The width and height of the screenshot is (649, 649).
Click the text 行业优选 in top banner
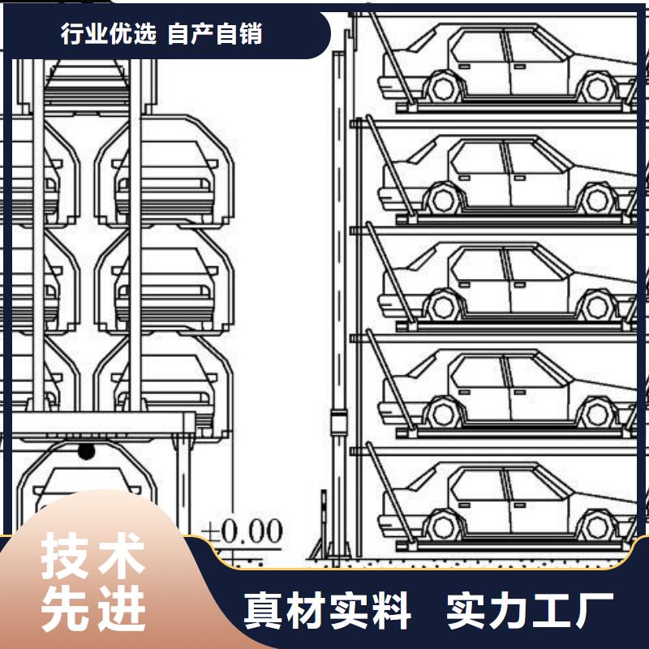[x=109, y=33]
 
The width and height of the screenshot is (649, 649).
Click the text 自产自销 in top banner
[x=215, y=33]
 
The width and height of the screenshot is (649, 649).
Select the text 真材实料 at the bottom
[x=328, y=611]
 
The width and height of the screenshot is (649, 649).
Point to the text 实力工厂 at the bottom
[x=530, y=611]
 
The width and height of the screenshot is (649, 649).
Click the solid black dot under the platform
[x=86, y=451]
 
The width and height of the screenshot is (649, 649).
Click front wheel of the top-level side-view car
[x=443, y=87]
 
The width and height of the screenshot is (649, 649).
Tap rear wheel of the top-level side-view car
[x=597, y=88]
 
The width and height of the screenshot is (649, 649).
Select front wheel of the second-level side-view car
[x=443, y=199]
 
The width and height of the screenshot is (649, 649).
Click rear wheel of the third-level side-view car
[x=597, y=307]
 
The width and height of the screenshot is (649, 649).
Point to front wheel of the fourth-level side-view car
[x=443, y=414]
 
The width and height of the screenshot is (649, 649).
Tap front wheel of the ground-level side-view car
[x=443, y=527]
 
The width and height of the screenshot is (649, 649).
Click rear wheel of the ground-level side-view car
[x=597, y=527]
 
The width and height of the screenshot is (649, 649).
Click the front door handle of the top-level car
[x=464, y=67]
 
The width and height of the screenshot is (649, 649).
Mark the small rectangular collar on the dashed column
[x=338, y=421]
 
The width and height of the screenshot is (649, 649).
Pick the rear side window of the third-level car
[x=534, y=264]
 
